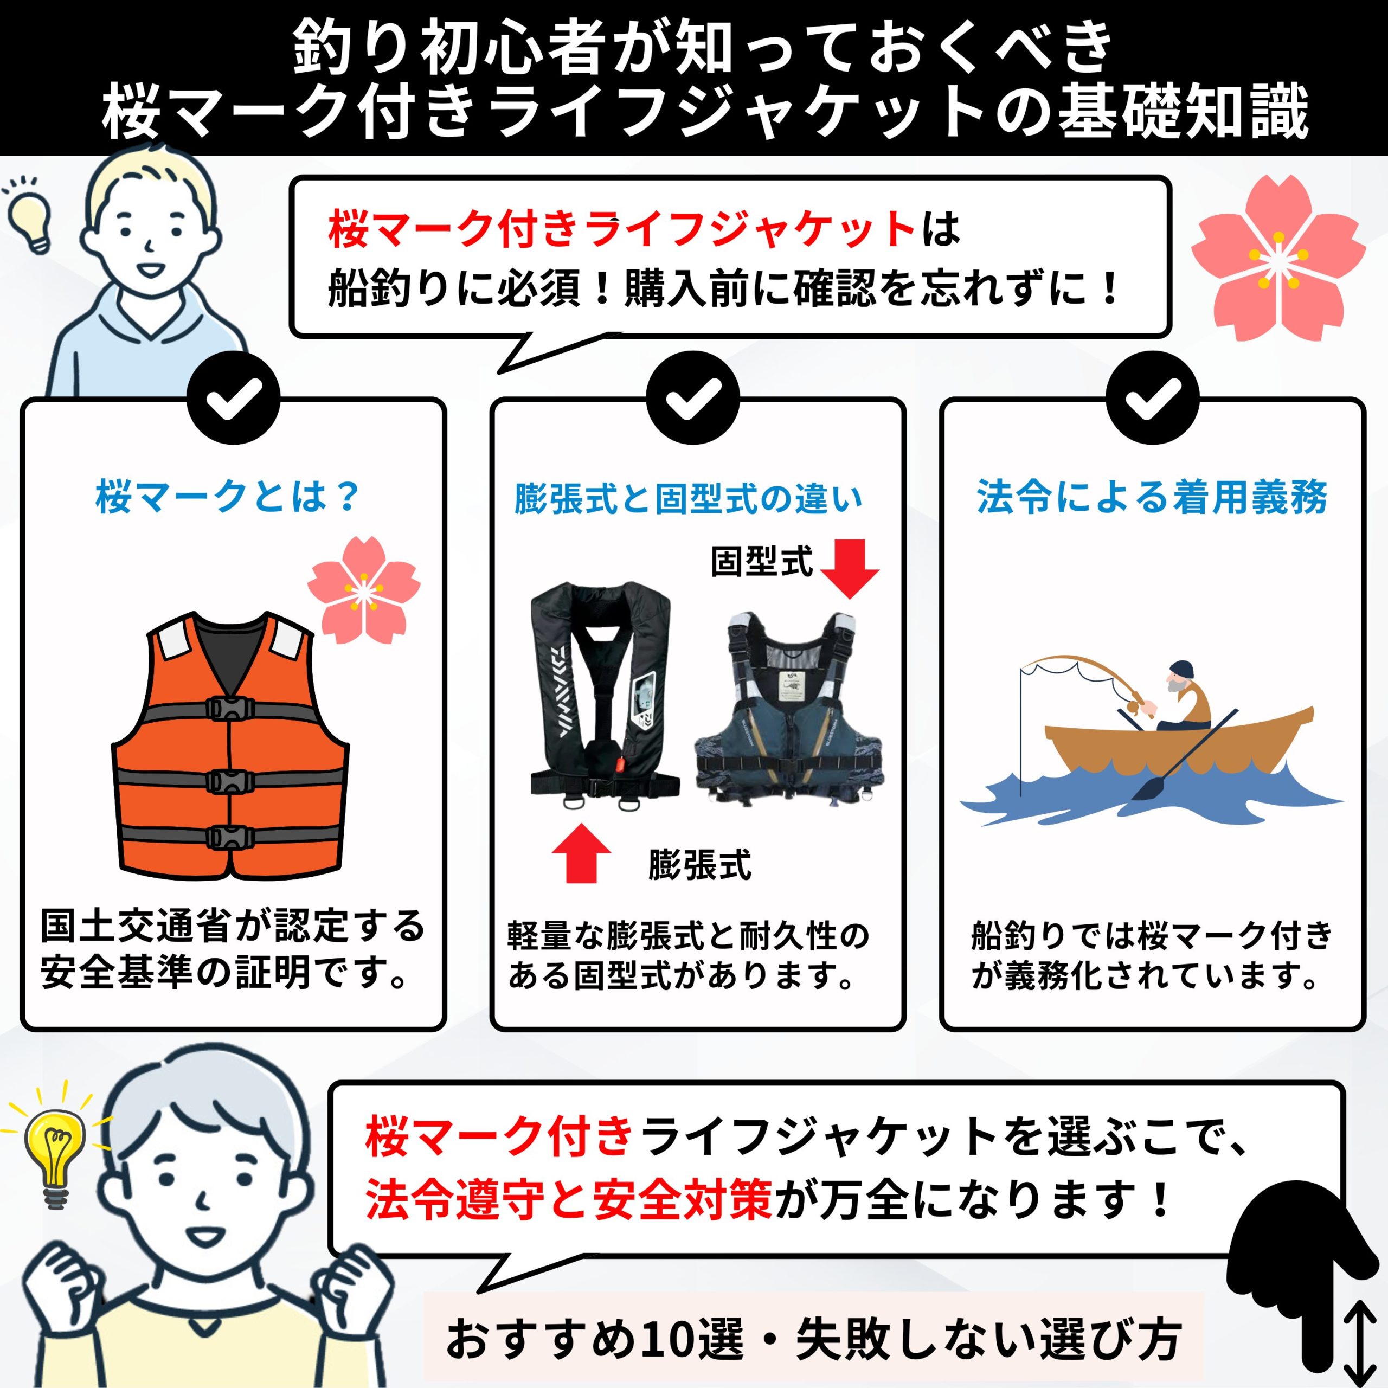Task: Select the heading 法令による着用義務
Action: point(1152,497)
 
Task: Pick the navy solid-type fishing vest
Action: point(789,708)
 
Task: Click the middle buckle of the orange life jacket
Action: point(230,781)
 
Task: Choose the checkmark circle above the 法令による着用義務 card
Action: point(1152,398)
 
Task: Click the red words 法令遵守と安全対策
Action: point(568,1199)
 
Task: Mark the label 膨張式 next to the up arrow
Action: point(699,864)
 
